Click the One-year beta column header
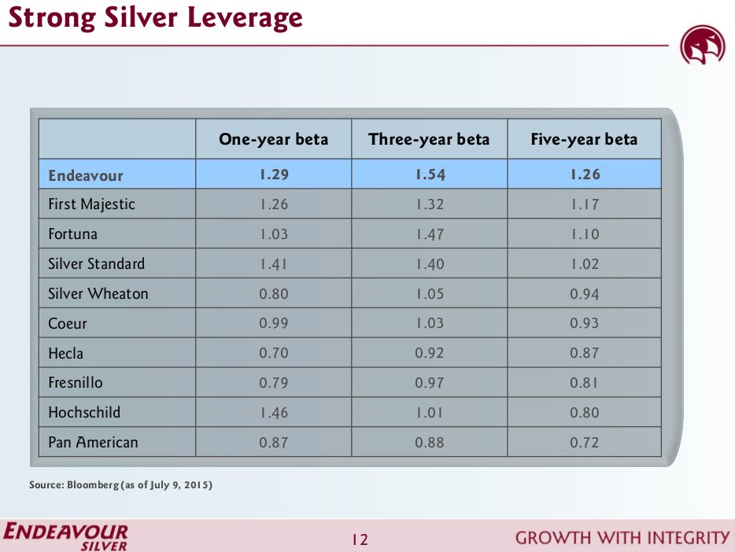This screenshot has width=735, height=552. [x=273, y=140]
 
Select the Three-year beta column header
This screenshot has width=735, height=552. [x=429, y=140]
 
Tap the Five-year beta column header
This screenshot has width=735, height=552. [x=584, y=140]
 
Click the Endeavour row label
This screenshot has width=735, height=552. [x=86, y=175]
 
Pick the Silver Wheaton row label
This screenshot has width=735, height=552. [x=98, y=293]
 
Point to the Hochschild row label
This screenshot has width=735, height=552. [x=84, y=412]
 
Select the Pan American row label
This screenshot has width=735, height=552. [x=93, y=442]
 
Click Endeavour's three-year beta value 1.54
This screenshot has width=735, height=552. [x=430, y=175]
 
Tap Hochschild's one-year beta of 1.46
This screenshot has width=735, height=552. [x=274, y=412]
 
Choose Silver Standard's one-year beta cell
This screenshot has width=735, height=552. [x=274, y=263]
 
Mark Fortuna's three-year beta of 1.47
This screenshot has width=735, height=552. [x=430, y=234]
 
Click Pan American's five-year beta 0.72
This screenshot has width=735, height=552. [x=585, y=442]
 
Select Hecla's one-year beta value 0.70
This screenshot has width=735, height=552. [x=274, y=353]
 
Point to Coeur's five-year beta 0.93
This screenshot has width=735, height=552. [x=585, y=323]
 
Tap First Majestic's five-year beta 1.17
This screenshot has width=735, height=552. [x=585, y=204]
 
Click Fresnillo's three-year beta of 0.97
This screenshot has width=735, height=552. [x=430, y=383]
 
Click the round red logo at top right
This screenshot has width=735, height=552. [x=702, y=45]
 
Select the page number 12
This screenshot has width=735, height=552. [x=360, y=539]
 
